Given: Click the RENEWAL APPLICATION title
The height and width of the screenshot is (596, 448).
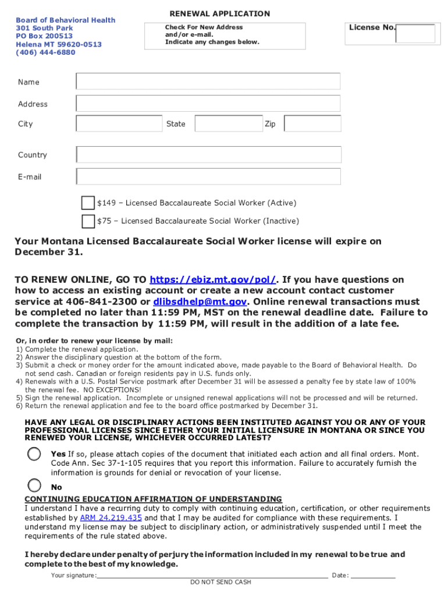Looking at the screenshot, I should coord(219,14).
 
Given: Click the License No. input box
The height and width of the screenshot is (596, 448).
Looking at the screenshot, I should coord(415,33).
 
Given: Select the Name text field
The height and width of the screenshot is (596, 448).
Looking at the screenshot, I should coord(208,81).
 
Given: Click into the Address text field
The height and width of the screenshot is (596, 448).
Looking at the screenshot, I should coord(208,104).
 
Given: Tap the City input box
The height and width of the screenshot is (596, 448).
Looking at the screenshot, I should coord(119,123).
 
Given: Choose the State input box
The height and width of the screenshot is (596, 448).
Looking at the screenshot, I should coord(228,123).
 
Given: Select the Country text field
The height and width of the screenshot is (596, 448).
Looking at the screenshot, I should coord(208,155).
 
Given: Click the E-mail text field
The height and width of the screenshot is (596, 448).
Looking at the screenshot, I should coord(208,176).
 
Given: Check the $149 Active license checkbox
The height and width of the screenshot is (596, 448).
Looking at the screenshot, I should coord(88,203).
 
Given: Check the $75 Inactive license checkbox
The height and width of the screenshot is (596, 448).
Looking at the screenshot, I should coord(88,221).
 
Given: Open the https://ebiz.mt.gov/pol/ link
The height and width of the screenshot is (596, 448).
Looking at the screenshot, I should coord(213,279).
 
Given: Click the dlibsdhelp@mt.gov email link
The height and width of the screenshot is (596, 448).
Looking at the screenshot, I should coord(201,301).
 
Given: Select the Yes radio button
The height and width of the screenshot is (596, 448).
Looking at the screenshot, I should coord(35,454).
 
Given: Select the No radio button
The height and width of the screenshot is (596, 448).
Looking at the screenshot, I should coord(35,485).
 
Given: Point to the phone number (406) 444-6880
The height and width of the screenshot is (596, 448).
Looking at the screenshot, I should coord(45,52).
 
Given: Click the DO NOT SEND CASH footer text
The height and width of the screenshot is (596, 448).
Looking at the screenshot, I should coord(221,582).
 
